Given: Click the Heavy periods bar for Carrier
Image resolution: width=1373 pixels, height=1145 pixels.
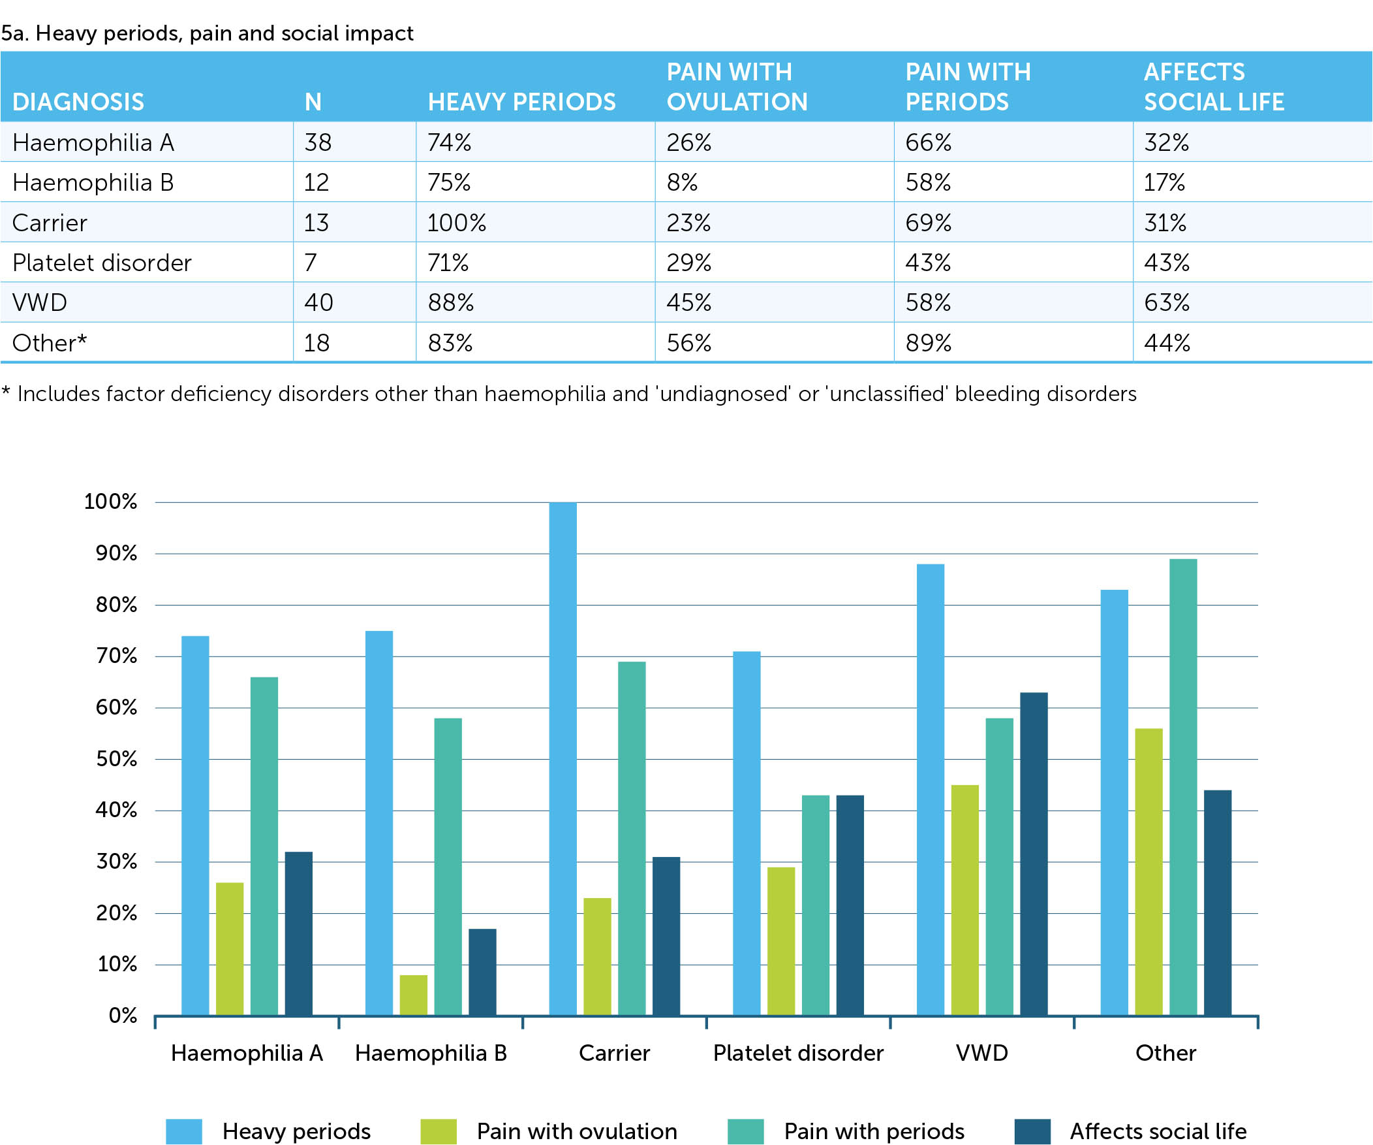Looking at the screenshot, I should coord(563,759).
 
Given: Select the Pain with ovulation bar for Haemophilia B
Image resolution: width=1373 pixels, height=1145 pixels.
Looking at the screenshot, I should coord(413,995).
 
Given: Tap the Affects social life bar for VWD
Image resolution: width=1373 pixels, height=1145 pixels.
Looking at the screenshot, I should coord(1034,854).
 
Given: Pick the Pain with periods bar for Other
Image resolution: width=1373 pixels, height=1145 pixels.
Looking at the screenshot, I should coord(1182,787).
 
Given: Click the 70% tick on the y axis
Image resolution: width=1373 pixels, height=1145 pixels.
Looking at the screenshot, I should coord(116,656).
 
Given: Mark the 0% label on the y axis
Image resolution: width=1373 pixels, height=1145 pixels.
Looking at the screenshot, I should coord(123,1016).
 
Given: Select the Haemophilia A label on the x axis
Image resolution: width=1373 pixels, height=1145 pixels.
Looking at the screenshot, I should coord(247,1053).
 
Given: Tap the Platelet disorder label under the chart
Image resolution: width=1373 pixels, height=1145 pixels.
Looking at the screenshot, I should coord(797,1053).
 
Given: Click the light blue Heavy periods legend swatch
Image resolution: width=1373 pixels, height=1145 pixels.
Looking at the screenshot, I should coord(184,1131).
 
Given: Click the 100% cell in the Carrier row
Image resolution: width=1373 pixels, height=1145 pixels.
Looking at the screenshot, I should coord(456,223).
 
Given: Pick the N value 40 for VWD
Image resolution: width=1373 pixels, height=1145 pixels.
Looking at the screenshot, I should coord(318,302).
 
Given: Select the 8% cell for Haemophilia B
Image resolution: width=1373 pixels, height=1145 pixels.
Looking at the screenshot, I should coord(682,182).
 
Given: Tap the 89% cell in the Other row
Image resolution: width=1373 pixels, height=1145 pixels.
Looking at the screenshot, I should coord(928,343).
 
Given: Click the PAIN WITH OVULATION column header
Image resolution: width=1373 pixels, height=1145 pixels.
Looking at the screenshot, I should coord(737,86).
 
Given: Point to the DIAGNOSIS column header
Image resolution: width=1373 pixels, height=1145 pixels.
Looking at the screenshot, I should coord(78,102).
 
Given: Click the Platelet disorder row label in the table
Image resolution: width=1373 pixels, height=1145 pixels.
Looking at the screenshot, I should coord(101,263).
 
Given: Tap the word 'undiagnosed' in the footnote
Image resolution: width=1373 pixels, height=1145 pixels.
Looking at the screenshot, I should coord(724,394).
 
